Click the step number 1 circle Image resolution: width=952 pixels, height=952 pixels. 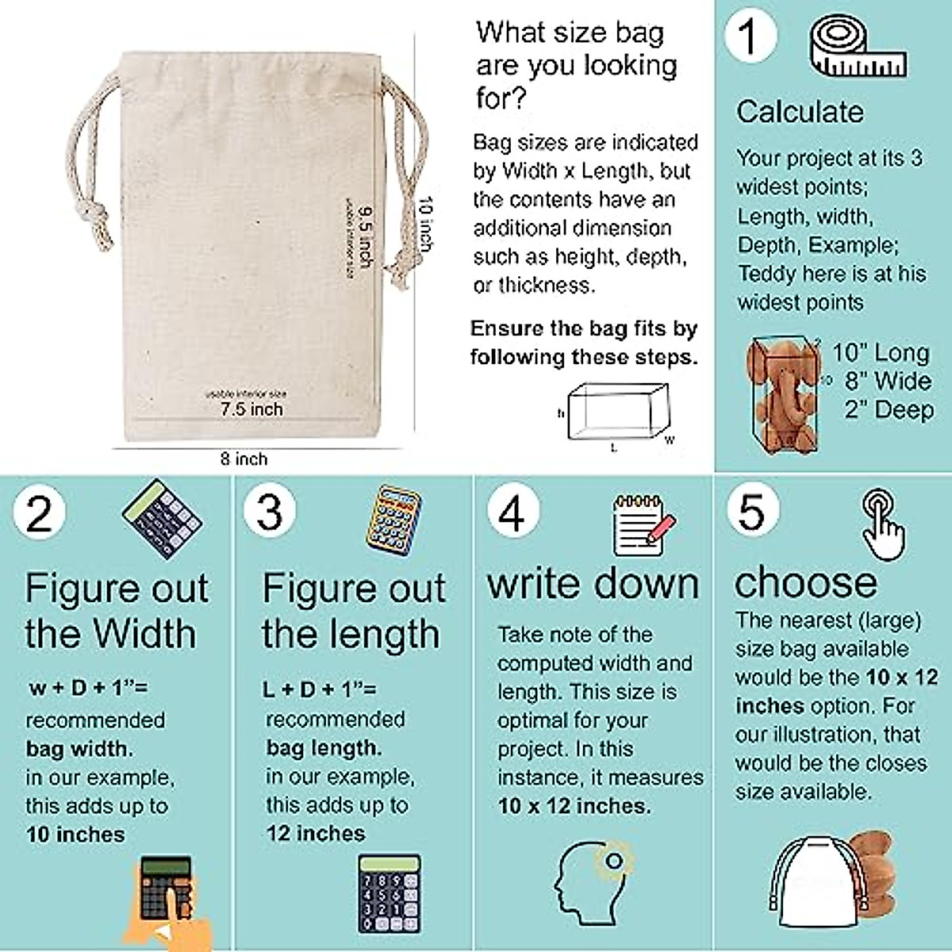[x=749, y=36]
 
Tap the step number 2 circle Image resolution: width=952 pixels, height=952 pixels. [x=39, y=513]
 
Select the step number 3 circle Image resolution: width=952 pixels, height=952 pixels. [x=270, y=512]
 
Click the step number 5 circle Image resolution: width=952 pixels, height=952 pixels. [x=752, y=510]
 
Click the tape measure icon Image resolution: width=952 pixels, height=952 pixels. [x=857, y=49]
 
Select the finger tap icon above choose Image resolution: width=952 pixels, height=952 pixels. [x=883, y=524]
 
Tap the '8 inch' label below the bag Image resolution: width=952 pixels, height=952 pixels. [x=244, y=459]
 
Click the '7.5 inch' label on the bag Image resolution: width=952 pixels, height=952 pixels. [x=251, y=409]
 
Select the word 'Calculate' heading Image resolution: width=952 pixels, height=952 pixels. [x=800, y=112]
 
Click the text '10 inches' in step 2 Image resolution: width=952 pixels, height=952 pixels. [x=75, y=835]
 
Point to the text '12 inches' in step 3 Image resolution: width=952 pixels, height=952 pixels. [x=316, y=833]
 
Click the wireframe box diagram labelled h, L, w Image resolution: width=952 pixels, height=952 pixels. [x=619, y=413]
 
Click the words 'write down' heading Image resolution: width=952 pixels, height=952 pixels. [x=593, y=584]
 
